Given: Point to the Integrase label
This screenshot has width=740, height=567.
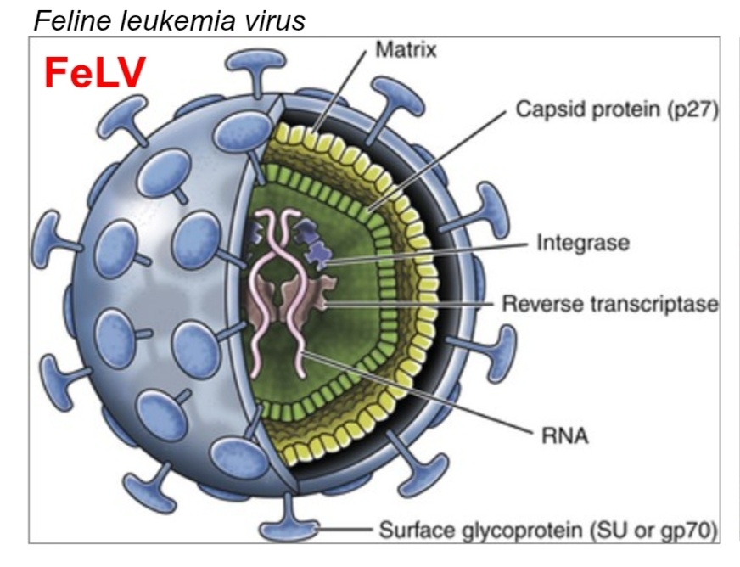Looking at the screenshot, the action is [x=583, y=244].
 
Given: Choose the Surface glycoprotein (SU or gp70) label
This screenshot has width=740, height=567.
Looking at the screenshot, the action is [x=547, y=531].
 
